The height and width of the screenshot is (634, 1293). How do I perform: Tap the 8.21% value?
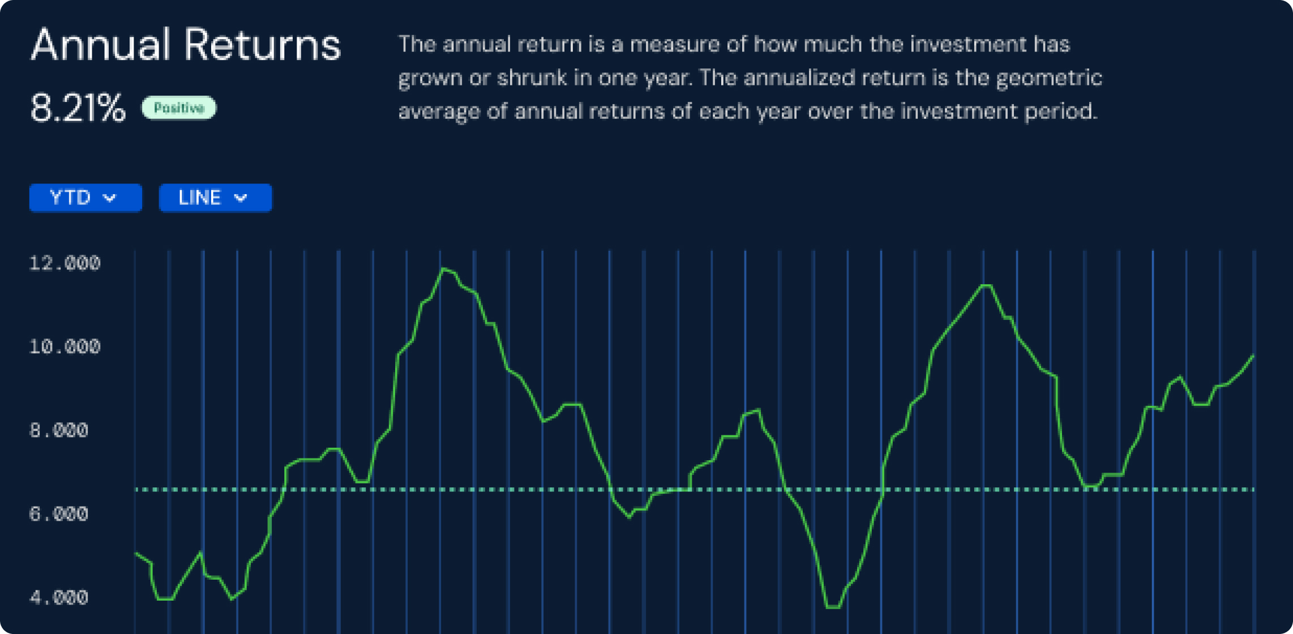coord(78,108)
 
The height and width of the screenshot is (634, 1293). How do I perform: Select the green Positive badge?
coord(179,108)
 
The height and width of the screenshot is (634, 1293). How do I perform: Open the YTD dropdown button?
coord(85,198)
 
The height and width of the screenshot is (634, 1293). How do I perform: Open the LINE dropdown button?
coord(215,198)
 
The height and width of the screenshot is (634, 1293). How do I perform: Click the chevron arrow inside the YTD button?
coord(110,198)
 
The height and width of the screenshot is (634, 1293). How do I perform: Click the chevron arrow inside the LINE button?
coord(241,198)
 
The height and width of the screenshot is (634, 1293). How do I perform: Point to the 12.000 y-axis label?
coord(65,263)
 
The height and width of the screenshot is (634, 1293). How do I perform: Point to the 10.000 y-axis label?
coord(65,346)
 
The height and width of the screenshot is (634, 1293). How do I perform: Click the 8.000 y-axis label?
coord(59,430)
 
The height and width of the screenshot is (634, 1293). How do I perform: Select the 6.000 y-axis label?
coord(59,514)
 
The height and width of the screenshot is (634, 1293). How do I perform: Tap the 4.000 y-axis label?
coord(59,597)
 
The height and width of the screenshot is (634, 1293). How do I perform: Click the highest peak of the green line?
coord(444,269)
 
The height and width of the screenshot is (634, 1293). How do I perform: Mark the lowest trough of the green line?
coord(833,607)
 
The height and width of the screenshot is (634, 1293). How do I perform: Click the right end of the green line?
coord(1253,355)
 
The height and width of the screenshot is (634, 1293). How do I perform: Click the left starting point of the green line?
coord(136,553)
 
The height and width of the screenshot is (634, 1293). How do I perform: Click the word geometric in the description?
coord(1049,78)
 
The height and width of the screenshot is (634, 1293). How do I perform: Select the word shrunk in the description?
coord(532,77)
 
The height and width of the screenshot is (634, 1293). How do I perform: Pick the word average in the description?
coord(439,112)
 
